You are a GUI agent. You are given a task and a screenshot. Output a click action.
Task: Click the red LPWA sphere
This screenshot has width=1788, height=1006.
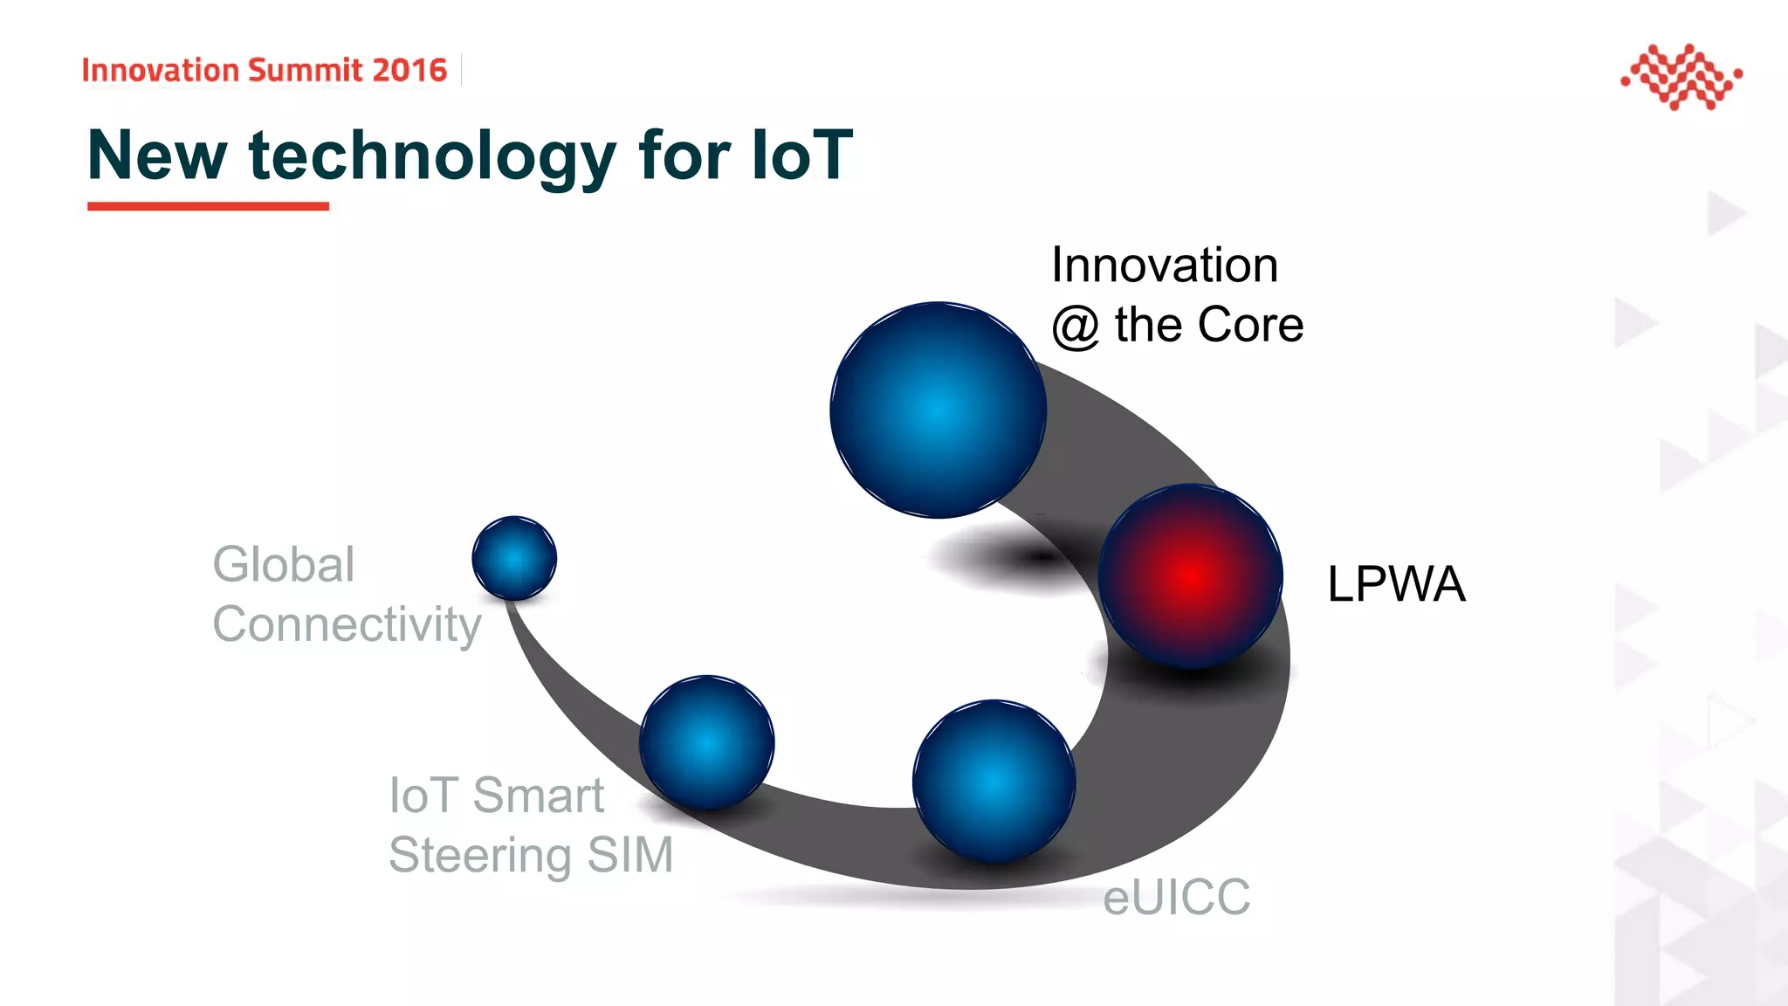[1191, 576]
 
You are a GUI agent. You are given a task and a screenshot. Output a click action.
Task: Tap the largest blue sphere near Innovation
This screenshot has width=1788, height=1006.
[938, 410]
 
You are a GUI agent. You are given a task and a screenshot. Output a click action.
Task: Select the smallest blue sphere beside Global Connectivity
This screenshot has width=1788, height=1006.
[514, 558]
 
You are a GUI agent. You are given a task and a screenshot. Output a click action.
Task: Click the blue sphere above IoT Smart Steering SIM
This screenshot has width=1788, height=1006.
[707, 742]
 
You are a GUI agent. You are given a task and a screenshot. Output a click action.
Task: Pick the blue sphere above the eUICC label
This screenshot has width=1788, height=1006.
[994, 781]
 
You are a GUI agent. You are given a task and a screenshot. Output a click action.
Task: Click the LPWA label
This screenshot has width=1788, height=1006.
[1396, 584]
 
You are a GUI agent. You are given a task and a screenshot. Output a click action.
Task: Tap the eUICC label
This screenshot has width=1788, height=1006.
[1176, 897]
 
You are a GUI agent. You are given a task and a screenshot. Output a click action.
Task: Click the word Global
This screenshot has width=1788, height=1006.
[284, 564]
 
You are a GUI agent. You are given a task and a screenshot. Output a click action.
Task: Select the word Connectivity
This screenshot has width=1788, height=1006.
[347, 624]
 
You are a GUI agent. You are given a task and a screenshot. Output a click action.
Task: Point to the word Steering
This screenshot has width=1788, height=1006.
[479, 855]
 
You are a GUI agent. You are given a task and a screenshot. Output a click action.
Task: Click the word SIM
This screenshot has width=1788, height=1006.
[630, 854]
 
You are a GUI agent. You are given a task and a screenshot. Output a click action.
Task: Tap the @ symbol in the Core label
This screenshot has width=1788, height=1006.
[1076, 326]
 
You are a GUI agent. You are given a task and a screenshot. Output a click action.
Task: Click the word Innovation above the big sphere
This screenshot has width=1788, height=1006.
[1165, 265]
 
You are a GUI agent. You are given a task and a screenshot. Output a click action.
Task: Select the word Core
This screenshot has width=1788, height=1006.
[1250, 325]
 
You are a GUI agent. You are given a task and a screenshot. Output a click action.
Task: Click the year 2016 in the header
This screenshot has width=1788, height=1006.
[409, 70]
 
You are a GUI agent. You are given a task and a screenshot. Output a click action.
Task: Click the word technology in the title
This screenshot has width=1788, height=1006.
[432, 156]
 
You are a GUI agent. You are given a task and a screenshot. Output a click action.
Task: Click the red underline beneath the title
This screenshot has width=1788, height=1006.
[208, 206]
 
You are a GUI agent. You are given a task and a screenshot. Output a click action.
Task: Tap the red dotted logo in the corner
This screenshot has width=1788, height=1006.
[1681, 77]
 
